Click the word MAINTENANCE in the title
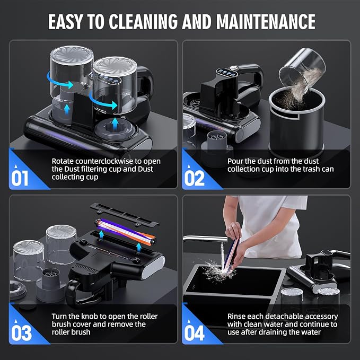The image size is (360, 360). (266, 22)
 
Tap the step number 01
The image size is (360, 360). (20, 178)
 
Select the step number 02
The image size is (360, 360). (194, 178)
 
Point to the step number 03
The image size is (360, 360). (21, 333)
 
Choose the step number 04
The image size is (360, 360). (194, 333)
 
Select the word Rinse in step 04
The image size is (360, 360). (236, 317)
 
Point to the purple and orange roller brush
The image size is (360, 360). (125, 232)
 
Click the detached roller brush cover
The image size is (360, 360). (125, 214)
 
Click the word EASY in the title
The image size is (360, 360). (65, 22)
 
